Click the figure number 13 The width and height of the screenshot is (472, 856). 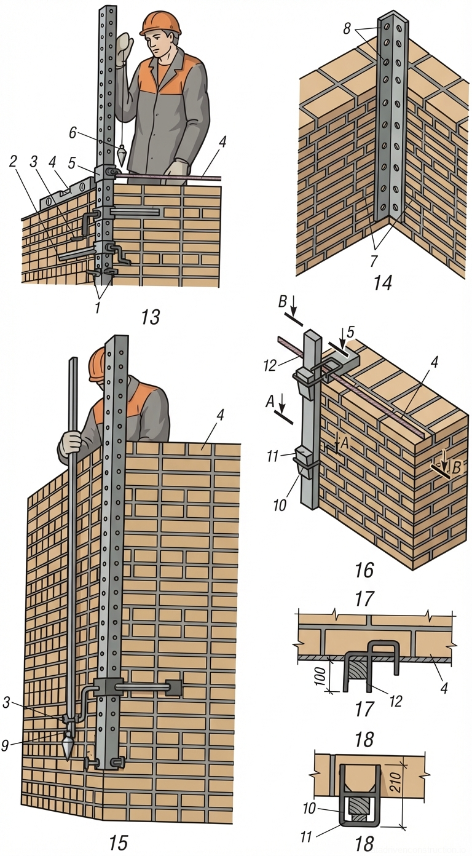(150, 317)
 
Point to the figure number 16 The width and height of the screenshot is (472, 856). (364, 570)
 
